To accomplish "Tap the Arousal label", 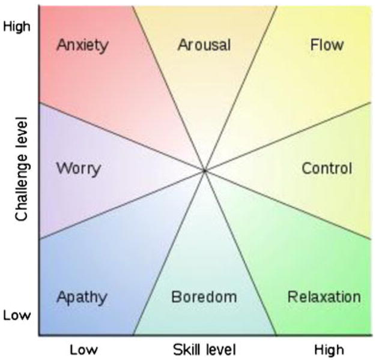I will tap(204, 45).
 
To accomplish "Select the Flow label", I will tap(327, 45).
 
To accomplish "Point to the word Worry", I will tap(78, 168).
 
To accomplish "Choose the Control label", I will tap(326, 168).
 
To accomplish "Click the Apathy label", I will tap(82, 296).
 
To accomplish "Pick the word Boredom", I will tap(204, 296).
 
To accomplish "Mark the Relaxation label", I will tap(324, 296).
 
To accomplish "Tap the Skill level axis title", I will tap(204, 349).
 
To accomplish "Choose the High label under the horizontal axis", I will tap(329, 349).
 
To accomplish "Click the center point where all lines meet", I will tap(204, 171).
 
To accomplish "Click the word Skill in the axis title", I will tap(187, 349).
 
